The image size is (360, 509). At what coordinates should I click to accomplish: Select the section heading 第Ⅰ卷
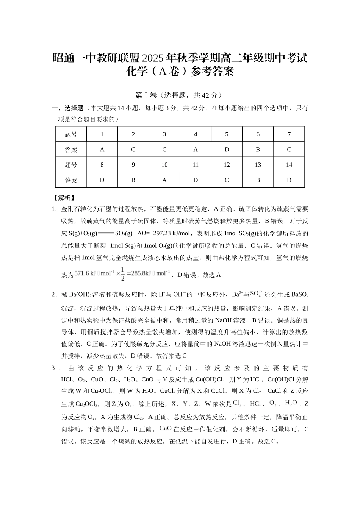click(146, 95)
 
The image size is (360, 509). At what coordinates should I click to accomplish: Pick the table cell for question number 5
click(227, 134)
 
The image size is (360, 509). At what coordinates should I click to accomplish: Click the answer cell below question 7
click(289, 150)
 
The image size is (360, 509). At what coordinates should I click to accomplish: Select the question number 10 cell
click(164, 165)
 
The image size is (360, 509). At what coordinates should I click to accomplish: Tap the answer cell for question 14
click(289, 180)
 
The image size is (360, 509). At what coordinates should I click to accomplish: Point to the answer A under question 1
click(102, 150)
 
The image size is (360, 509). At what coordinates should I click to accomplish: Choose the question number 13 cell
click(258, 165)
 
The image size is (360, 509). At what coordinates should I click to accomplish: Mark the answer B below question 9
click(133, 180)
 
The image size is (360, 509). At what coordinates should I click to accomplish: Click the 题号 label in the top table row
click(71, 134)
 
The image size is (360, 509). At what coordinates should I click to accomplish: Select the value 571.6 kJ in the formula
click(85, 273)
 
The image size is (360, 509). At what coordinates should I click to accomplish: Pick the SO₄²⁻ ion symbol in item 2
click(256, 294)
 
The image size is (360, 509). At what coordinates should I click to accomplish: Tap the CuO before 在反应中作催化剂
click(166, 428)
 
